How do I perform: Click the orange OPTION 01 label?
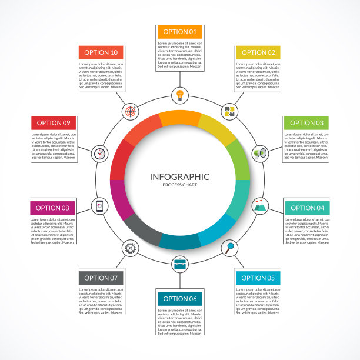179,32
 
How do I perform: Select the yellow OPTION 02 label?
258,52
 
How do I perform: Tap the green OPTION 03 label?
306,123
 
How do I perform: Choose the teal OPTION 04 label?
307,208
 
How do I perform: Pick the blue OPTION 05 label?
258,278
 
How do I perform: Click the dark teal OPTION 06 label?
179,298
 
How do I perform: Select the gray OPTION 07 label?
101,278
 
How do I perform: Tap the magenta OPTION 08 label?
52,208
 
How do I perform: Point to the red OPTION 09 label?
53,123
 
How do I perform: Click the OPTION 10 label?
101,52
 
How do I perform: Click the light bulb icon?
179,94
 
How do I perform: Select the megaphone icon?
259,154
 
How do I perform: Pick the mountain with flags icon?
259,206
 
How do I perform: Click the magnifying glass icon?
229,248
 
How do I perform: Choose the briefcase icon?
179,264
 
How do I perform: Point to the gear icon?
130,248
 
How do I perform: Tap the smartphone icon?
100,206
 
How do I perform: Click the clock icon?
100,154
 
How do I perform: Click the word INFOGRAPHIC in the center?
179,176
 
